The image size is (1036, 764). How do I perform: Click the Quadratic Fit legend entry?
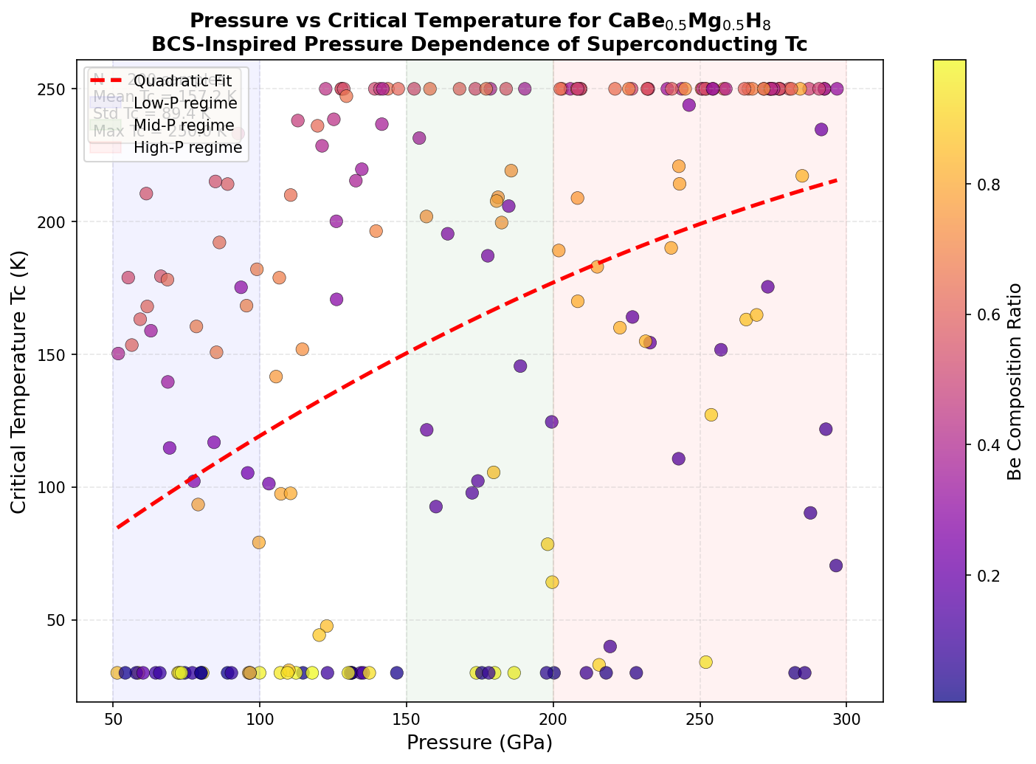coord(180,80)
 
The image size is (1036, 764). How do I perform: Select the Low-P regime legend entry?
coord(185,103)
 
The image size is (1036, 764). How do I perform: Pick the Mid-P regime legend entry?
coord(184,125)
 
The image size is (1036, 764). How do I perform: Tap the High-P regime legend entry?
coord(187,147)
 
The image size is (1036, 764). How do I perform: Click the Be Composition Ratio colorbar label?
coord(1015,381)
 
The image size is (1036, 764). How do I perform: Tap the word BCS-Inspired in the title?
coord(210,44)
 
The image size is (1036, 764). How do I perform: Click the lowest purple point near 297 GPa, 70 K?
coord(836,565)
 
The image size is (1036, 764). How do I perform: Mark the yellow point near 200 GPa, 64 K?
coord(552,582)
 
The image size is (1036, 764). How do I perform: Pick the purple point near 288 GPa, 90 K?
coord(810,513)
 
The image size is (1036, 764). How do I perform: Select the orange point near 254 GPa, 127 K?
coord(711,415)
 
